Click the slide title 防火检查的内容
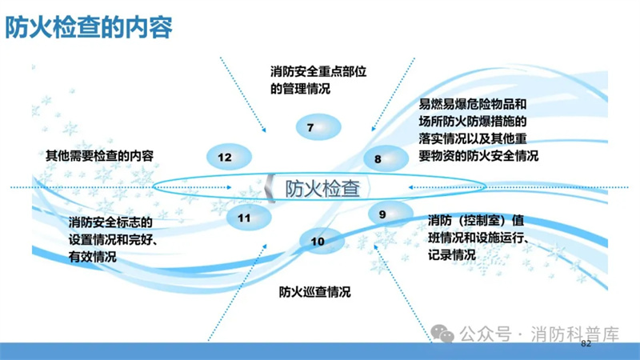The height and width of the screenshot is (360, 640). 89,27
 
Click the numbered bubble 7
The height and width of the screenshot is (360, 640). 318,127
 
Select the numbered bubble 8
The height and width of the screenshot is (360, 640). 386,158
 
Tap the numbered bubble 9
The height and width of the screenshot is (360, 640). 390,214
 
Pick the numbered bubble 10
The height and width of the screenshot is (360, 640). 322,241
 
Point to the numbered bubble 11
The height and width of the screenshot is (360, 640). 249,218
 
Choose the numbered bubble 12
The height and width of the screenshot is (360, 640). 229,157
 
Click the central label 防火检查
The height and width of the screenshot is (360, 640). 322,189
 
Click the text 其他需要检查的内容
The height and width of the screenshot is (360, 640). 99,155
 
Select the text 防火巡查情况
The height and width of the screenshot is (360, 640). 314,292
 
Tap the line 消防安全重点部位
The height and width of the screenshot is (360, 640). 318,71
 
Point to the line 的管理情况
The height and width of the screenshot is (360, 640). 301,89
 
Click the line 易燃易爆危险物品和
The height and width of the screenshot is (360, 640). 473,104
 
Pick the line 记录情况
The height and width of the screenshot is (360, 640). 452,255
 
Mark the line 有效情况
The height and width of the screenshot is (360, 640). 93,257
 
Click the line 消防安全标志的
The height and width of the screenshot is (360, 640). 110,222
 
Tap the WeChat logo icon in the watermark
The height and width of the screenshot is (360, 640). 442,334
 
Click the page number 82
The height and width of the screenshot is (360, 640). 586,344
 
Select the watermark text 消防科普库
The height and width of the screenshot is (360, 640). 575,334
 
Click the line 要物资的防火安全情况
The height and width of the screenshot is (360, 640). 478,155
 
